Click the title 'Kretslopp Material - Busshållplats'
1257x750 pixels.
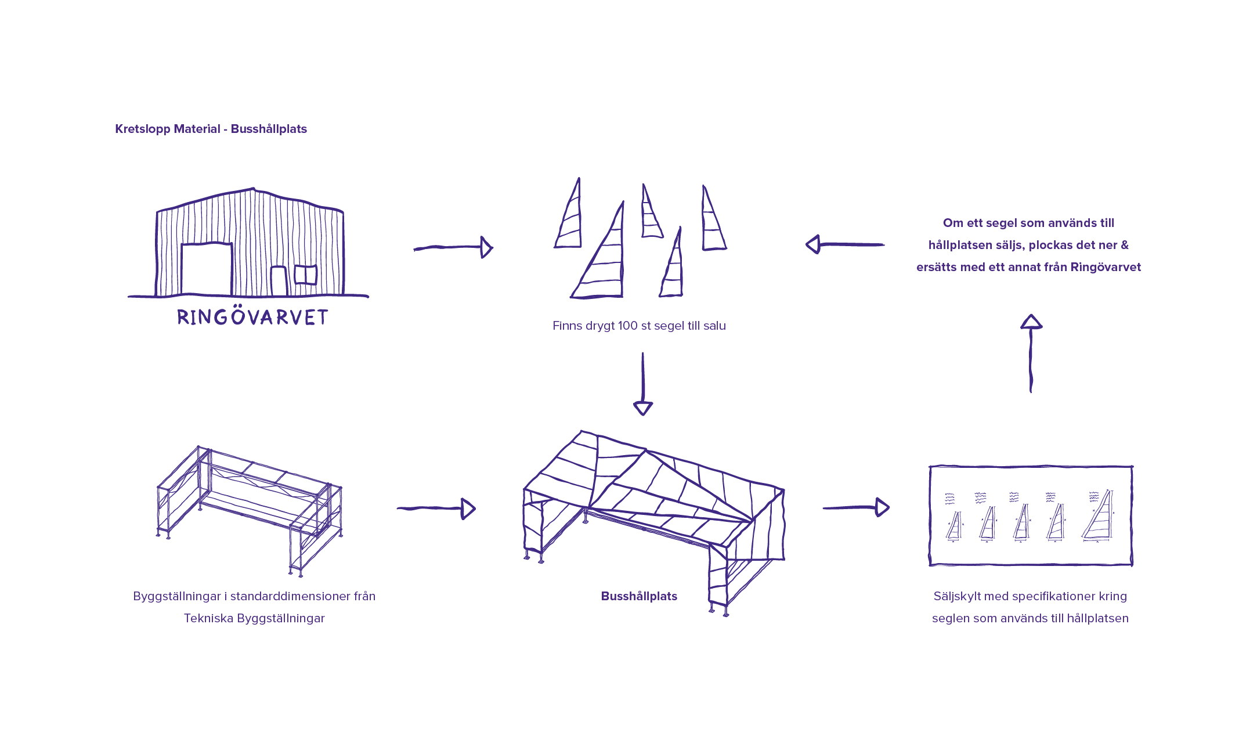[211, 129]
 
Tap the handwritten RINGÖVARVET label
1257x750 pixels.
[252, 317]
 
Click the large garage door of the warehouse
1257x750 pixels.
[207, 269]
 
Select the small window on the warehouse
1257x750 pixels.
[305, 275]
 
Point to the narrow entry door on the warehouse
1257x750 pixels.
[279, 282]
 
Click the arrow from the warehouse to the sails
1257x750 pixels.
[453, 247]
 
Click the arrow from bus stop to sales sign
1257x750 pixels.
[856, 507]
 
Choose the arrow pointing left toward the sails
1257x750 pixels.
[845, 244]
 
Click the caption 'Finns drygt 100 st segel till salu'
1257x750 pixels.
[639, 326]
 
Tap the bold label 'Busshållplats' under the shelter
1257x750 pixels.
[639, 596]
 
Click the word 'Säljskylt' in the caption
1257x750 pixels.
[956, 596]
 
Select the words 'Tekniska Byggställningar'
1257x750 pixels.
[254, 618]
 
